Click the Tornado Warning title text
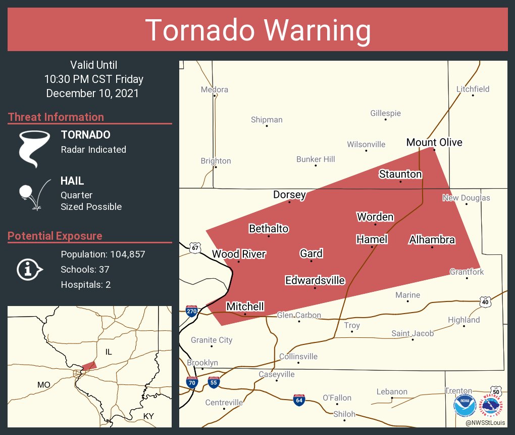click(257, 30)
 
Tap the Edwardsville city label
click(315, 280)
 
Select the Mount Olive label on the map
click(434, 142)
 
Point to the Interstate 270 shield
click(191, 310)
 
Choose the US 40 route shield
click(485, 301)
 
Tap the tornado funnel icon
click(34, 148)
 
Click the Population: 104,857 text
click(102, 254)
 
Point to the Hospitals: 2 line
click(85, 284)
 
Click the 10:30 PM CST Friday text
click(93, 79)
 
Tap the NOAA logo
click(465, 406)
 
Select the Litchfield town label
click(473, 89)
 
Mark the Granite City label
click(212, 340)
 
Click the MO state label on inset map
click(44, 385)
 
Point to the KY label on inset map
click(148, 416)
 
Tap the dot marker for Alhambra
click(432, 247)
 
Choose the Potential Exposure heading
click(55, 236)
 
